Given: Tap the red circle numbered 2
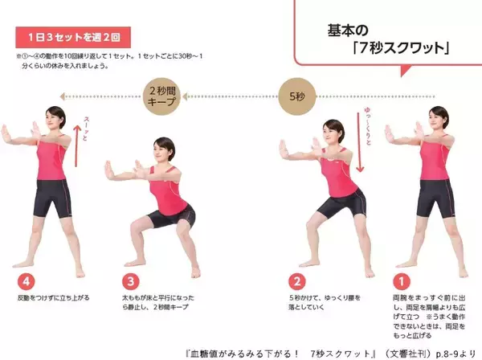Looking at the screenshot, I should (296, 283).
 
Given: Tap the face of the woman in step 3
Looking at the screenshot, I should (164, 150).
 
